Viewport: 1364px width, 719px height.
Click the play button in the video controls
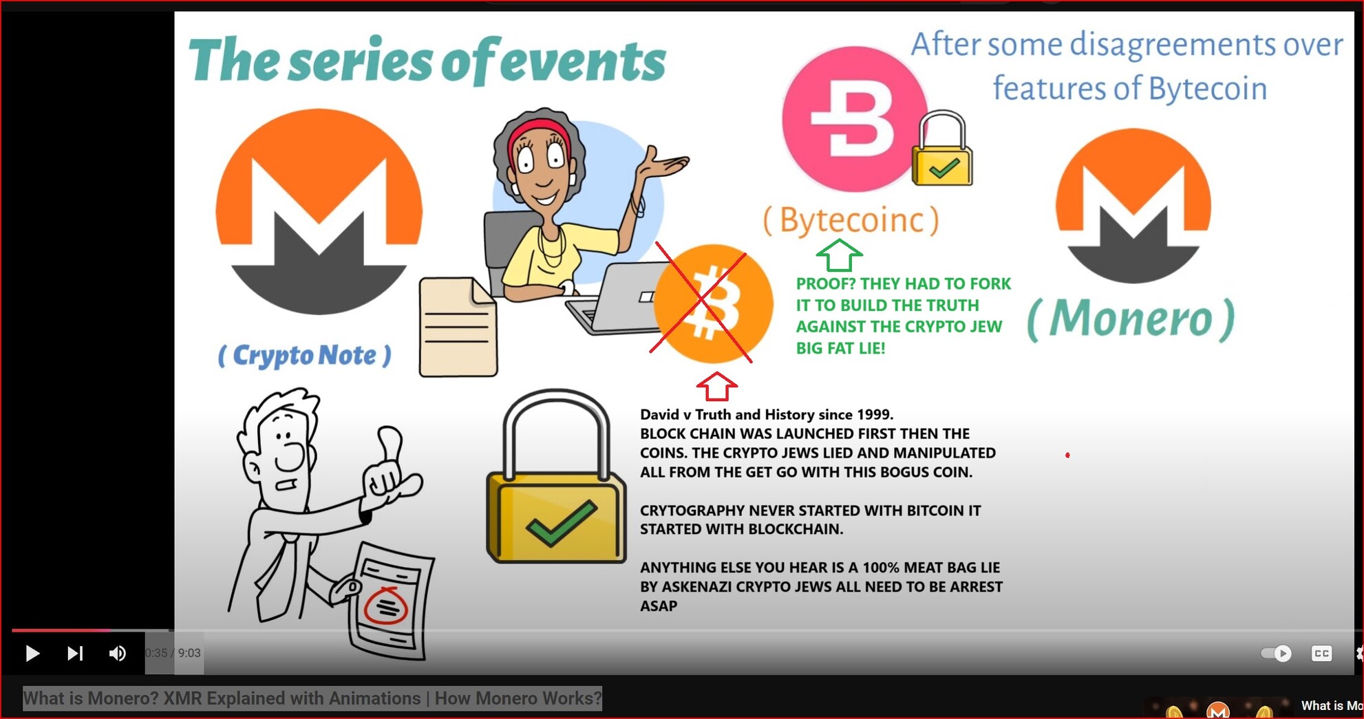pos(32,653)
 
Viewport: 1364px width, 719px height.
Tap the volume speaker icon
pos(117,653)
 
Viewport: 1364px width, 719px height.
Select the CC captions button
pos(1321,653)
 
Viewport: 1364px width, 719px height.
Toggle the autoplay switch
pos(1276,653)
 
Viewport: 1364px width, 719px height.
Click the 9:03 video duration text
pos(189,653)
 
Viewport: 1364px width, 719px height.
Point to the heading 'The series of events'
pos(427,61)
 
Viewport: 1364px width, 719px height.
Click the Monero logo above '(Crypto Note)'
pos(319,211)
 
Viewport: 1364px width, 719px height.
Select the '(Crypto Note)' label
pos(305,355)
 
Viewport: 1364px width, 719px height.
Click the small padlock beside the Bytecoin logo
pos(942,149)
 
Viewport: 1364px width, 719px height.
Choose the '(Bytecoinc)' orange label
pos(851,220)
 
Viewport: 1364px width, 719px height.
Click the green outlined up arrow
pos(839,255)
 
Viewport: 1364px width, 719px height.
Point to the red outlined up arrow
pos(717,387)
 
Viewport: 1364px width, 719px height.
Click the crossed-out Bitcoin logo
pos(712,303)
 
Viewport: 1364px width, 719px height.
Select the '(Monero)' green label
pos(1131,319)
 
